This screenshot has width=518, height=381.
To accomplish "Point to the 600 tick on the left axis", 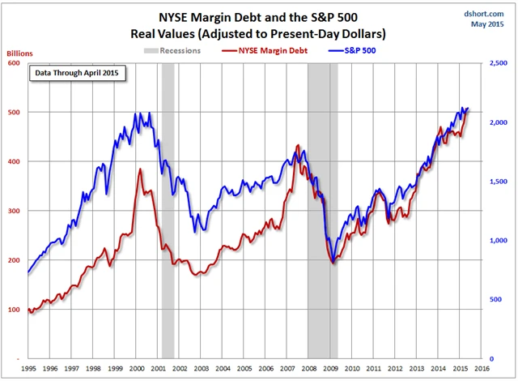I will pyautogui.click(x=15, y=63).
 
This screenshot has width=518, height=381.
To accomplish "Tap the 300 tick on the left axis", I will pyautogui.click(x=15, y=211).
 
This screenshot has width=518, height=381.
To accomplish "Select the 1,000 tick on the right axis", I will pyautogui.click(x=497, y=241).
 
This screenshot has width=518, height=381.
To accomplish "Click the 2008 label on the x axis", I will pyautogui.click(x=310, y=368).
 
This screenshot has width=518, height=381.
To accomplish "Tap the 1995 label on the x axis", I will pyautogui.click(x=29, y=368).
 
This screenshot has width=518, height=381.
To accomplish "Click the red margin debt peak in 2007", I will pyautogui.click(x=297, y=146).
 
